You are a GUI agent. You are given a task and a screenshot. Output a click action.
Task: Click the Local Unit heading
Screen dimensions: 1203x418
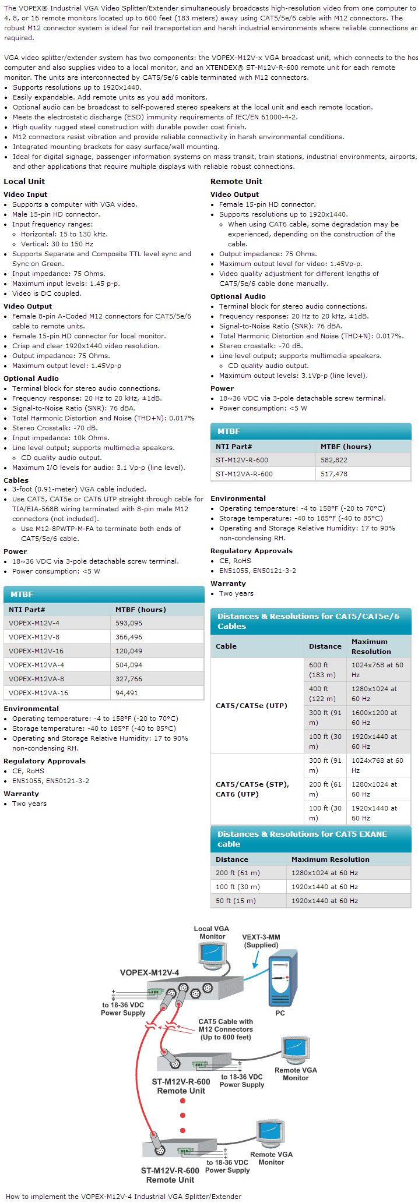pyautogui.click(x=24, y=181)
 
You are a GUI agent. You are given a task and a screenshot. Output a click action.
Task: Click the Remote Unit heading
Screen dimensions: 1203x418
pyautogui.click(x=236, y=181)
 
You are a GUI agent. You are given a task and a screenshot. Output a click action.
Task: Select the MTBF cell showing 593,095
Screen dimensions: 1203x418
pyautogui.click(x=129, y=623)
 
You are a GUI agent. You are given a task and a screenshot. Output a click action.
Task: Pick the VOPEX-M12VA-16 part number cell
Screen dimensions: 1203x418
pyautogui.click(x=38, y=693)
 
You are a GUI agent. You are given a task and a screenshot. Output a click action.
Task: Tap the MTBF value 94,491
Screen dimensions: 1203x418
pyautogui.click(x=127, y=693)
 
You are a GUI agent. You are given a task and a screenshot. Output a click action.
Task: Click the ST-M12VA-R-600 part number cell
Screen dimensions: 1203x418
pyautogui.click(x=242, y=474)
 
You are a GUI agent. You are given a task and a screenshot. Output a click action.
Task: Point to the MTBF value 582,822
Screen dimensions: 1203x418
pyautogui.click(x=334, y=460)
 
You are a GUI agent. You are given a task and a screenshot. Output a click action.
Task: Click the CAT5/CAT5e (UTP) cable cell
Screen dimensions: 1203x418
pyautogui.click(x=251, y=706)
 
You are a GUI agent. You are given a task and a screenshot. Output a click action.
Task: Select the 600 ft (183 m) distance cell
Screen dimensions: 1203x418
pyautogui.click(x=322, y=670)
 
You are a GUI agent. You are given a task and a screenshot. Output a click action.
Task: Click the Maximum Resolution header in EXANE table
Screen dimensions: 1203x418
pyautogui.click(x=330, y=859)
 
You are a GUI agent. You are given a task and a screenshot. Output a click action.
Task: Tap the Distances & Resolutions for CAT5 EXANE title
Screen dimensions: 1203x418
pyautogui.click(x=302, y=838)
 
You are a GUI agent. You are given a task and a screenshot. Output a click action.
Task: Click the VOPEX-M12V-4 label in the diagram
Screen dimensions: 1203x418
pyautogui.click(x=149, y=972)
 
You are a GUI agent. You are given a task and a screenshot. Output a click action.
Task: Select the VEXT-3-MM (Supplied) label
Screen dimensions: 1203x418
pyautogui.click(x=261, y=941)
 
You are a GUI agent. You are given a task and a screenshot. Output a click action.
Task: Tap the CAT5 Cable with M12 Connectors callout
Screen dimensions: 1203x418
pyautogui.click(x=226, y=1029)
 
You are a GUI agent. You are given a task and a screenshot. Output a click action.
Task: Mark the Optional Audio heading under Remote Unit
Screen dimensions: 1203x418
pyautogui.click(x=238, y=296)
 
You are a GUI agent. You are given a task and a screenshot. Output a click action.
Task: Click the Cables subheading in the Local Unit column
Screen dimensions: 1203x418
pyautogui.click(x=16, y=480)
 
